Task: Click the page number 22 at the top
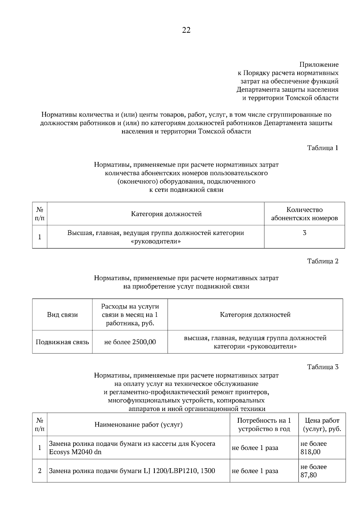pyautogui.click(x=186, y=30)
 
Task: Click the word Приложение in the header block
pyautogui.click(x=319, y=64)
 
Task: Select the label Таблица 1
pyautogui.click(x=323, y=148)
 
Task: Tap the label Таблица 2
pyautogui.click(x=323, y=261)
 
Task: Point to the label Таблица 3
pyautogui.click(x=323, y=367)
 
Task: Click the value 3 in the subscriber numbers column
pyautogui.click(x=304, y=233)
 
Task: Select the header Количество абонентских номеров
pyautogui.click(x=304, y=214)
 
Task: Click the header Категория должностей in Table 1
pyautogui.click(x=166, y=214)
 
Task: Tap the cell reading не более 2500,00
pyautogui.click(x=130, y=342)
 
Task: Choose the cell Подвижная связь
pyautogui.click(x=62, y=342)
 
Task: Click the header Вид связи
pyautogui.click(x=62, y=315)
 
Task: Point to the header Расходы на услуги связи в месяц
pyautogui.click(x=130, y=315)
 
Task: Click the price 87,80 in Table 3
pyautogui.click(x=309, y=475)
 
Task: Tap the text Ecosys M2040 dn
pyautogui.click(x=75, y=452)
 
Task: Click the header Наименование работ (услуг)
pyautogui.click(x=139, y=424)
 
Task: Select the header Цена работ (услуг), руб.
pyautogui.click(x=322, y=424)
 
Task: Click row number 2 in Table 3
pyautogui.click(x=40, y=471)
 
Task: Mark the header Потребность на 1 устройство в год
pyautogui.click(x=264, y=424)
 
